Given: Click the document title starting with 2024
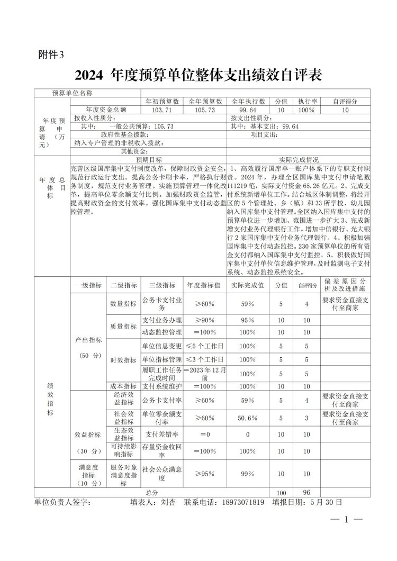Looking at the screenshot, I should pyautogui.click(x=198, y=75).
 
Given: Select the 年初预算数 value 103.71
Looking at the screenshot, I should pyautogui.click(x=162, y=110).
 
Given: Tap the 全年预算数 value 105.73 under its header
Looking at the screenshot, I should pyautogui.click(x=205, y=110).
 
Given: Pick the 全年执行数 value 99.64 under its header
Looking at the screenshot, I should pyautogui.click(x=248, y=110).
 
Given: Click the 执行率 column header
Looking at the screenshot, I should pyautogui.click(x=306, y=101).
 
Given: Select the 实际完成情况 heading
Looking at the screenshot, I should pyautogui.click(x=299, y=159).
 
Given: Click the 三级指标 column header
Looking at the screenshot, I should pyautogui.click(x=162, y=285).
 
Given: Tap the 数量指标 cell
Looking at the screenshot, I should pyautogui.click(x=123, y=304).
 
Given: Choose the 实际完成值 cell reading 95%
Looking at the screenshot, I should pyautogui.click(x=247, y=320).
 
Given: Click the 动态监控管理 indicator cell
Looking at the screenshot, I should pyautogui.click(x=162, y=332).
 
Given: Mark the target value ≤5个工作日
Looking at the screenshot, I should pyautogui.click(x=205, y=346).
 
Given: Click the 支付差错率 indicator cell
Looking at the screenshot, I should pyautogui.click(x=162, y=435).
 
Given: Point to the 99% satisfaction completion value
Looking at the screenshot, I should pyautogui.click(x=247, y=474).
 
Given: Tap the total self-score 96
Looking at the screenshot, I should pyautogui.click(x=306, y=492).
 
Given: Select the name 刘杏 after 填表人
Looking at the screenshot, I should pyautogui.click(x=168, y=502).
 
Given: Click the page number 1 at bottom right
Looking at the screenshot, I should pyautogui.click(x=346, y=520).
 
